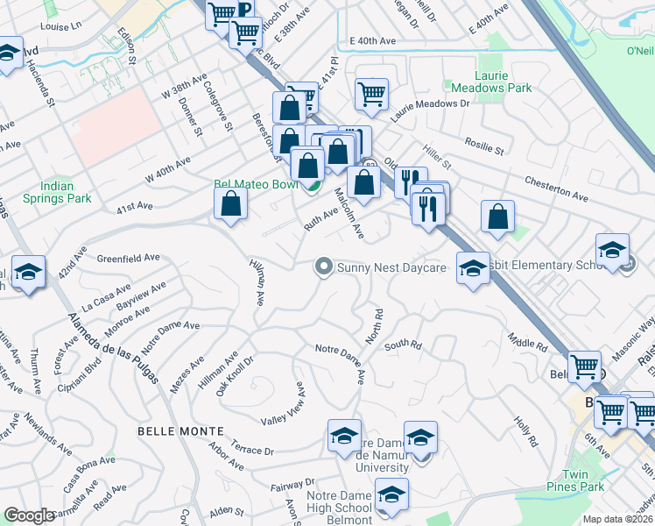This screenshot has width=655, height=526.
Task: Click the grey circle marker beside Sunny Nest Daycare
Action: (x=325, y=267)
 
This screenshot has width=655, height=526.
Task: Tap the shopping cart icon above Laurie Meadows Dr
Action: (x=372, y=94)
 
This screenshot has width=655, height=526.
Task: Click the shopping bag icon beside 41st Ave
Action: (x=230, y=204)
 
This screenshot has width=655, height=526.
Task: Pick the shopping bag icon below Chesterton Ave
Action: (x=497, y=217)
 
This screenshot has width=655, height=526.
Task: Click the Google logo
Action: (x=29, y=515)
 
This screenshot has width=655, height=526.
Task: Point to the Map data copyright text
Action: (x=617, y=519)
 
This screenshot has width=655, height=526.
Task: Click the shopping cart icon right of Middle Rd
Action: (x=584, y=366)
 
